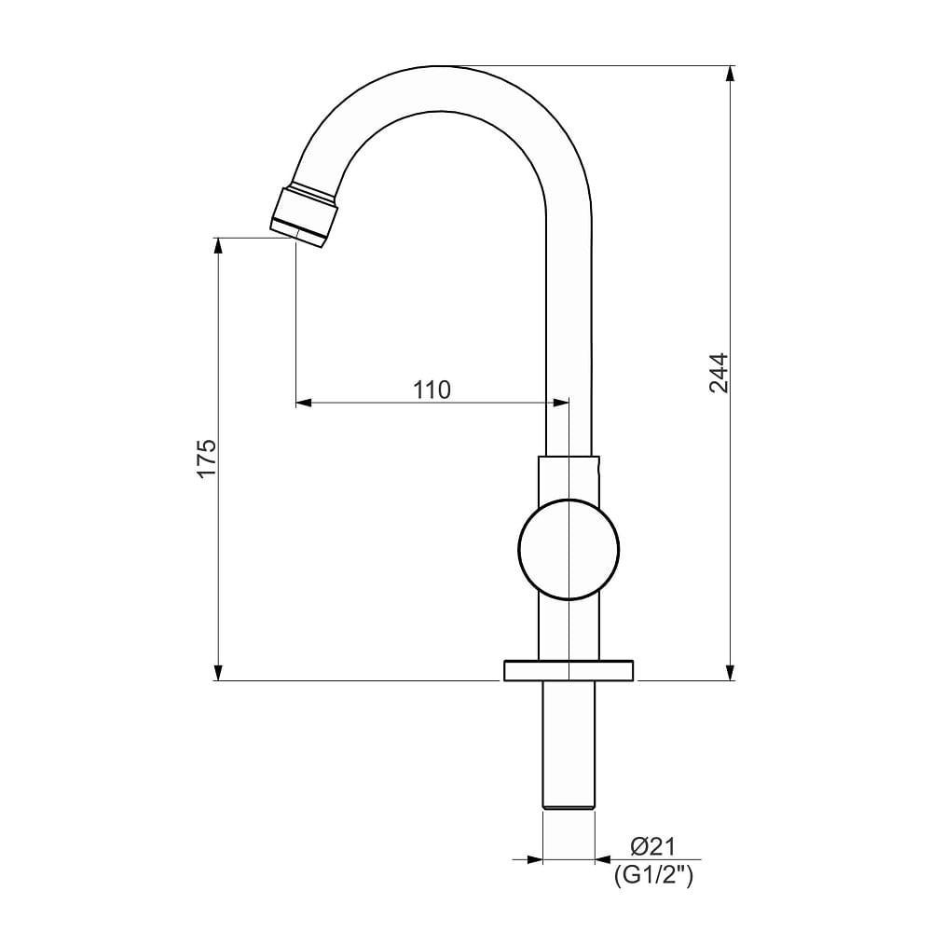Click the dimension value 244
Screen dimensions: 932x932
click(718, 372)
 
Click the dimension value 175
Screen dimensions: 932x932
click(206, 458)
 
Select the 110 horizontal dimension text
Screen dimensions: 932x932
click(432, 389)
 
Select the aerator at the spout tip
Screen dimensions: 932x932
click(305, 217)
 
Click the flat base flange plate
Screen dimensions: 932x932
click(569, 669)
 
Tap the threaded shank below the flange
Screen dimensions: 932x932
click(569, 736)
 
